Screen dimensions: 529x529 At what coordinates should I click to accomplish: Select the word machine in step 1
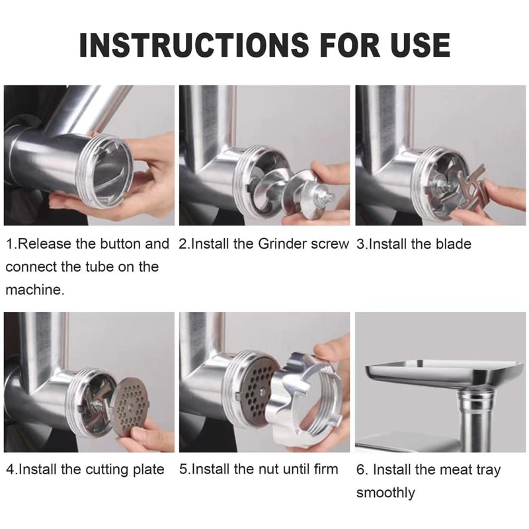click(34, 290)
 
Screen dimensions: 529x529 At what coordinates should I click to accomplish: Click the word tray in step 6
click(489, 470)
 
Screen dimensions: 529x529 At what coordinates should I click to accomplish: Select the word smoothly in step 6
click(386, 493)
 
